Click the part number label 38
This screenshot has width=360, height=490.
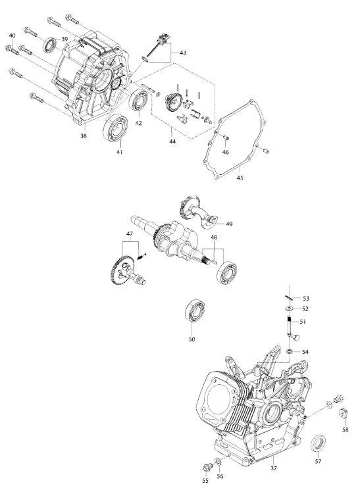[84, 135]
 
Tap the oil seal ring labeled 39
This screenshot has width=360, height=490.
[49, 45]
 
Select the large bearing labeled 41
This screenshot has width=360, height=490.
[116, 128]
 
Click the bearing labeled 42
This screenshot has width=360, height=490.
[139, 100]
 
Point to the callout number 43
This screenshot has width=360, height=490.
[183, 53]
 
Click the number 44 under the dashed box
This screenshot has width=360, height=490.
[172, 141]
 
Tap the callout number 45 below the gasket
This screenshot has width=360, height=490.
[240, 178]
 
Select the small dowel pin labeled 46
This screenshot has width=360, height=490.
[226, 137]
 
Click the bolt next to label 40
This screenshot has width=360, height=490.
[12, 50]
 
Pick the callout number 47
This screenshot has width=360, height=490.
[130, 233]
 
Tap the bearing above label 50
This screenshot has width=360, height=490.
[195, 310]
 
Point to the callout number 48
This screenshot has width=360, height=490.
[214, 237]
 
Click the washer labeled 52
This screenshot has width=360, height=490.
[289, 308]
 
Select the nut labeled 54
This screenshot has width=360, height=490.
[290, 351]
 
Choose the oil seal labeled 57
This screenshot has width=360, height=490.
[318, 443]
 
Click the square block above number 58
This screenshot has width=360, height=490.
[344, 414]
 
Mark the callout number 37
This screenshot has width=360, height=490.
[273, 468]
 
